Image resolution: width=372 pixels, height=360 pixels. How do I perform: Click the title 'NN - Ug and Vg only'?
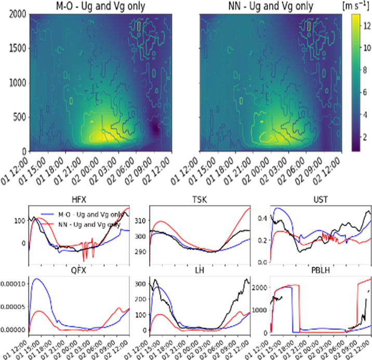tap(270, 7)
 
